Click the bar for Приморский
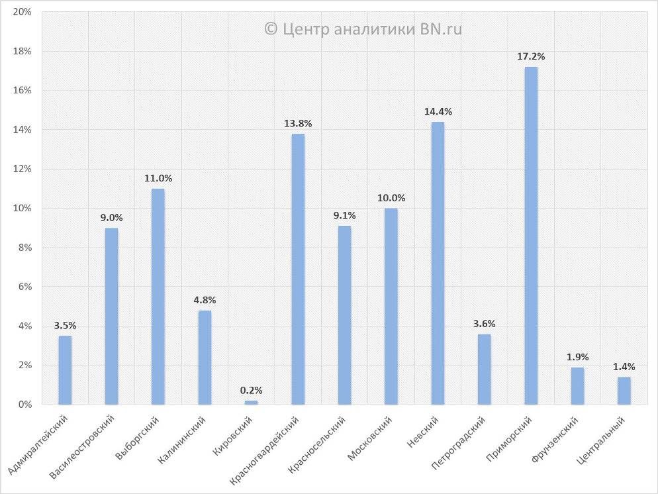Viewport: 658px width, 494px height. (531, 236)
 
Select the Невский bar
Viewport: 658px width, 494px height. (438, 263)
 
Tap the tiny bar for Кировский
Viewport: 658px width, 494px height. (251, 402)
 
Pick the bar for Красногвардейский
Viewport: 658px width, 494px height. (298, 269)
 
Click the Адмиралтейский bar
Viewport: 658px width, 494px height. (65, 370)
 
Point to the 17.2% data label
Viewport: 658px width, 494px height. (531, 57)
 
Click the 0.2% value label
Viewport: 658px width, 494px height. (251, 391)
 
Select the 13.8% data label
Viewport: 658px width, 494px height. (298, 124)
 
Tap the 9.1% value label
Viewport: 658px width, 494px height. (344, 216)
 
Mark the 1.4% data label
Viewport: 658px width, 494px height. (624, 367)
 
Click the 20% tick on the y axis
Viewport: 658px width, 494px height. (23, 13)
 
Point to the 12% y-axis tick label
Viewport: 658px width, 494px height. (23, 169)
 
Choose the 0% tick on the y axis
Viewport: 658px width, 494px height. (25, 404)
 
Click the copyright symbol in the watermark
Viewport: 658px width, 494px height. (270, 28)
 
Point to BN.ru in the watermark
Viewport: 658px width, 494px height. (441, 28)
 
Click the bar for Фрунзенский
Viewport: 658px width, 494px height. (578, 386)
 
